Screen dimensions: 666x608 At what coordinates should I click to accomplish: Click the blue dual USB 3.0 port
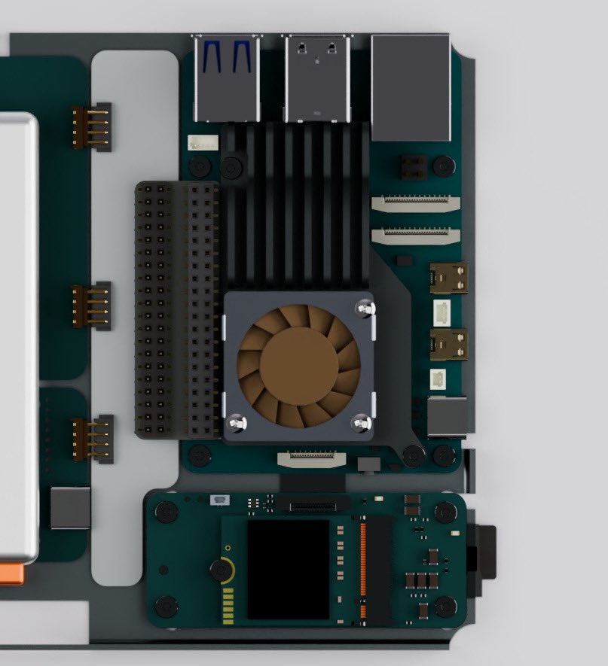[226, 78]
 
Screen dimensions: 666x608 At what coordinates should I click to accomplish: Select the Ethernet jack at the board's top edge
[411, 88]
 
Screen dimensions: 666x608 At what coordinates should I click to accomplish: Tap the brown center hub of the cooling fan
[298, 364]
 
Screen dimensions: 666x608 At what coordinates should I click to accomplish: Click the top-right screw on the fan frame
[365, 308]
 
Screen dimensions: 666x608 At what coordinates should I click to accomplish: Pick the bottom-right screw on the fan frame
[362, 424]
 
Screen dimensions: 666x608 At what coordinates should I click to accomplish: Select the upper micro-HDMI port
[448, 278]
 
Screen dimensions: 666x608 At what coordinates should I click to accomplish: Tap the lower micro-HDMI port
[448, 344]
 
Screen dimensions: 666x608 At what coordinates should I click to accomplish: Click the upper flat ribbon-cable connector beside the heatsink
[416, 204]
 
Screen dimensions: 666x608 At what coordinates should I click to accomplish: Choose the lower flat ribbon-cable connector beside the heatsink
[416, 236]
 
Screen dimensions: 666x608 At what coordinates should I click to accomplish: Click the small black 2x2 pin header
[413, 167]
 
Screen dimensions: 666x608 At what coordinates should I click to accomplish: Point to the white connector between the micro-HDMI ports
[441, 310]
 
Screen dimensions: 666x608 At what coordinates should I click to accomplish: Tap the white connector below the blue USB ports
[203, 142]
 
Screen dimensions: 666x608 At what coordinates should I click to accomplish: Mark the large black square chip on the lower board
[288, 569]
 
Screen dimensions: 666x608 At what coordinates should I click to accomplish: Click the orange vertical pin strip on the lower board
[362, 570]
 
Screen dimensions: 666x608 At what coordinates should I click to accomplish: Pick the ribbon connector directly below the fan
[312, 458]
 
